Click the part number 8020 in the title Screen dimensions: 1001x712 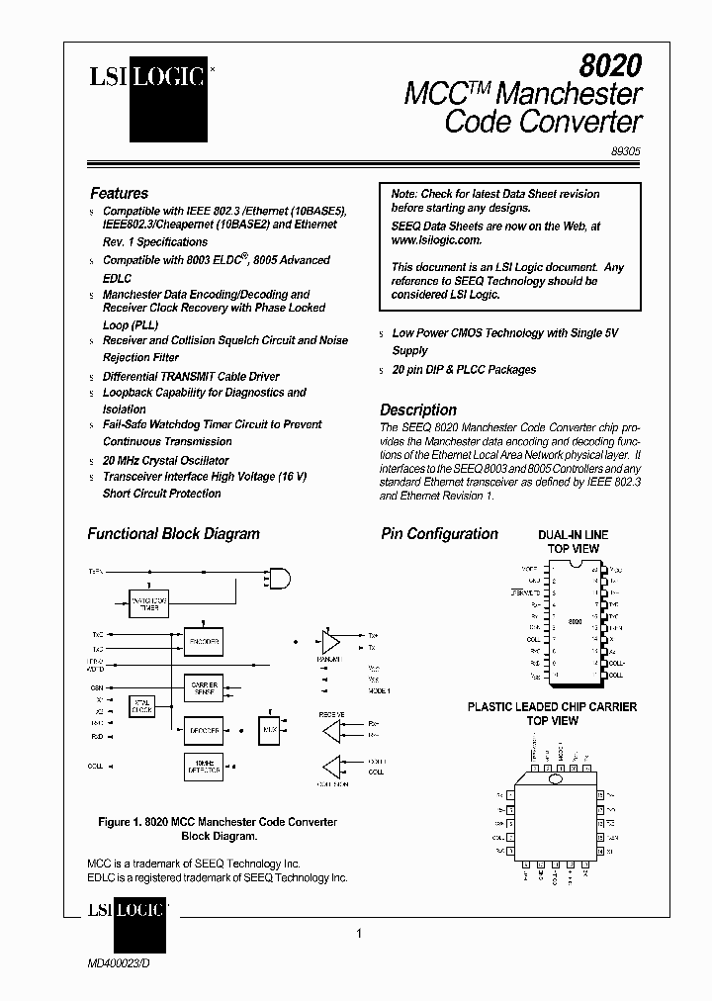610,65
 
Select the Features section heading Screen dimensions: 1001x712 119,194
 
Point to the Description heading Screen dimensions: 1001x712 418,409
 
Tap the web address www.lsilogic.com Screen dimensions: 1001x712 436,240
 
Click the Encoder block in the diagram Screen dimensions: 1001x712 204,641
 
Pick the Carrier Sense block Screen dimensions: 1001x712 204,687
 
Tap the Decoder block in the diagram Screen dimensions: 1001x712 204,730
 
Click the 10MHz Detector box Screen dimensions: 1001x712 204,767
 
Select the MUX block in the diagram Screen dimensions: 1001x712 270,730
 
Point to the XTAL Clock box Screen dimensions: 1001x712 142,705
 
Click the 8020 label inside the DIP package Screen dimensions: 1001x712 575,622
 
